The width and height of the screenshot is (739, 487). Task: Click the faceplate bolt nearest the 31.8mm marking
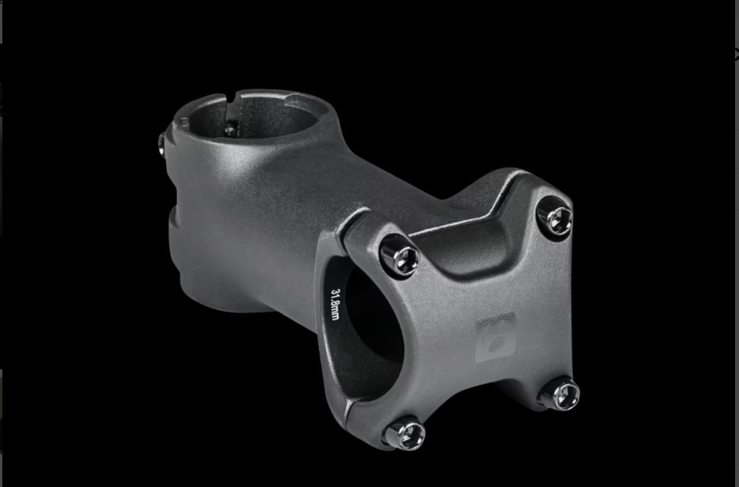click(399, 256)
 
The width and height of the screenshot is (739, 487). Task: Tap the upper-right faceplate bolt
click(555, 217)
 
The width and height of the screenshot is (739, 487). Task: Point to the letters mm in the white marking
click(336, 313)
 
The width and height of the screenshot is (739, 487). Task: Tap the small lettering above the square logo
click(496, 320)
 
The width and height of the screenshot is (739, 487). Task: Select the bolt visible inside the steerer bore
click(230, 129)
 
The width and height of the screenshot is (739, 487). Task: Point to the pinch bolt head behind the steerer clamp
click(162, 143)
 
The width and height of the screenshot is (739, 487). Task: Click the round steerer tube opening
click(253, 117)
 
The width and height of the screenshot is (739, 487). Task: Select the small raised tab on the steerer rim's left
click(183, 122)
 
